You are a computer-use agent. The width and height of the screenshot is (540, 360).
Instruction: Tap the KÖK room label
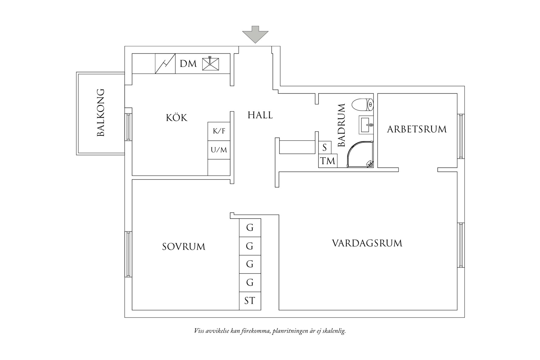[177, 118]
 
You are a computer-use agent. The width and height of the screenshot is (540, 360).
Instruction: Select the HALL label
[260, 115]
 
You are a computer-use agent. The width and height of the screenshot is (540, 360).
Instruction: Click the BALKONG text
[100, 113]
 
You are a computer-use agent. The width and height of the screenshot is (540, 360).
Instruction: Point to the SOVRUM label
[184, 247]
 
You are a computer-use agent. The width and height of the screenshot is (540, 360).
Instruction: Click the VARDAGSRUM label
[367, 243]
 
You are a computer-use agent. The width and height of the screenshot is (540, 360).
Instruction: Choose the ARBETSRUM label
[417, 129]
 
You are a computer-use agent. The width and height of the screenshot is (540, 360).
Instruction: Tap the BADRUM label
[342, 125]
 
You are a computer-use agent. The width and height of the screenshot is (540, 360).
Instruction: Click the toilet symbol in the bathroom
[363, 105]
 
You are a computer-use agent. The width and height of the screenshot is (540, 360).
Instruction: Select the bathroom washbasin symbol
[366, 125]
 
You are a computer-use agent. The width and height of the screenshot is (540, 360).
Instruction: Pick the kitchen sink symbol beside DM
[211, 63]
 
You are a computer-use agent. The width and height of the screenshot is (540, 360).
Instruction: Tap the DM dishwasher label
[188, 64]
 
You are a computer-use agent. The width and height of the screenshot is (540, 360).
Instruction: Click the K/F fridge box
[219, 131]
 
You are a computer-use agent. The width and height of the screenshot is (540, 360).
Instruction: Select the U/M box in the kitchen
[219, 150]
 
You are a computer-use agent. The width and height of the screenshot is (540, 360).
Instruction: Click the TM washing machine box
[328, 161]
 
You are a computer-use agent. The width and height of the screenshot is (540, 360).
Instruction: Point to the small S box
[325, 148]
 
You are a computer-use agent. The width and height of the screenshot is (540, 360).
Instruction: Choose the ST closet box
[250, 301]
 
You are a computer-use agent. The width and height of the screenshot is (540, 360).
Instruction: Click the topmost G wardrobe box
[250, 227]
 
